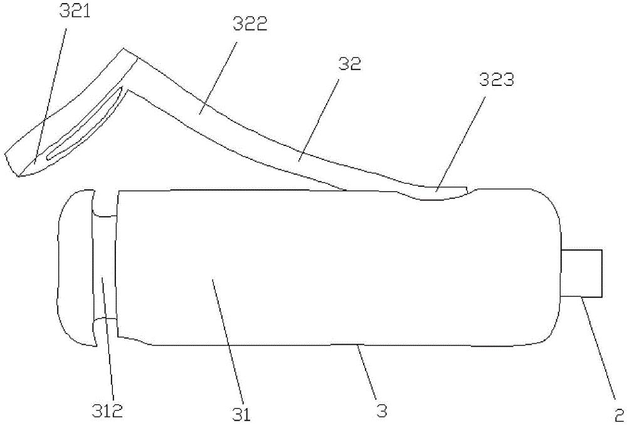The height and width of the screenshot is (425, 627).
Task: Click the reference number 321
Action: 75,12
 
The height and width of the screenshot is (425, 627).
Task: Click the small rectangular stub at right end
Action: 582,273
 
